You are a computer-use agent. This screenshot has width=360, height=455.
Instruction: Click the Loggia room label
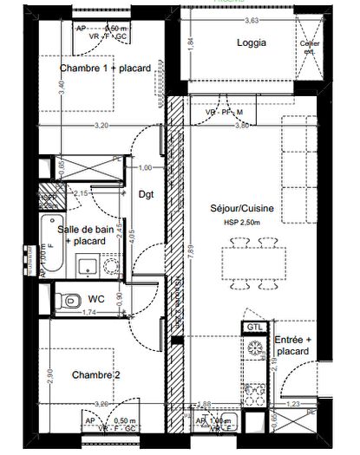(251, 42)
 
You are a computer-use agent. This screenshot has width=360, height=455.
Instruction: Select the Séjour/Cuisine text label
(241, 209)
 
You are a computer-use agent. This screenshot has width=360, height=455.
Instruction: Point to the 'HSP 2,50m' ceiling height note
(240, 224)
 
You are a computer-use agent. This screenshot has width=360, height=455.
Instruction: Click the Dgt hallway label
(146, 194)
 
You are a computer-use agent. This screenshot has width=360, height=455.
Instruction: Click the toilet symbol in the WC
(64, 302)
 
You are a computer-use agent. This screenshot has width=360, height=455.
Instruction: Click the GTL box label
(254, 327)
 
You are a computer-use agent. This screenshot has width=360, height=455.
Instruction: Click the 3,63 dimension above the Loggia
(252, 19)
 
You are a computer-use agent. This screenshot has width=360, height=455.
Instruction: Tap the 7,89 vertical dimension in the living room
(184, 253)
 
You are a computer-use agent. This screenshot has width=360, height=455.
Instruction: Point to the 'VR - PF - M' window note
(221, 112)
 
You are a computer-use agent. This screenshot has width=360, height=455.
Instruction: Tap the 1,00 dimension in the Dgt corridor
(146, 167)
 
